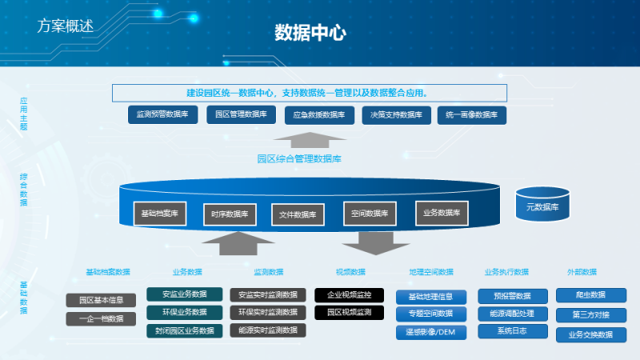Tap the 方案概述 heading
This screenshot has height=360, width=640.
(65, 26)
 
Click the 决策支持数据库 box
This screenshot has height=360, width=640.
(396, 115)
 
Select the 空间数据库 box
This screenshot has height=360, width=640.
(369, 214)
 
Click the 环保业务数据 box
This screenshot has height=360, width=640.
(184, 312)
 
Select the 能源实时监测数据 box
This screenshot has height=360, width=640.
(268, 330)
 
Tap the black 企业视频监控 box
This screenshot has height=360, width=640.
(349, 294)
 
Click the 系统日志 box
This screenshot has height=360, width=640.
(513, 330)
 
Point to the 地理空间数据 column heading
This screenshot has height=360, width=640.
(430, 272)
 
